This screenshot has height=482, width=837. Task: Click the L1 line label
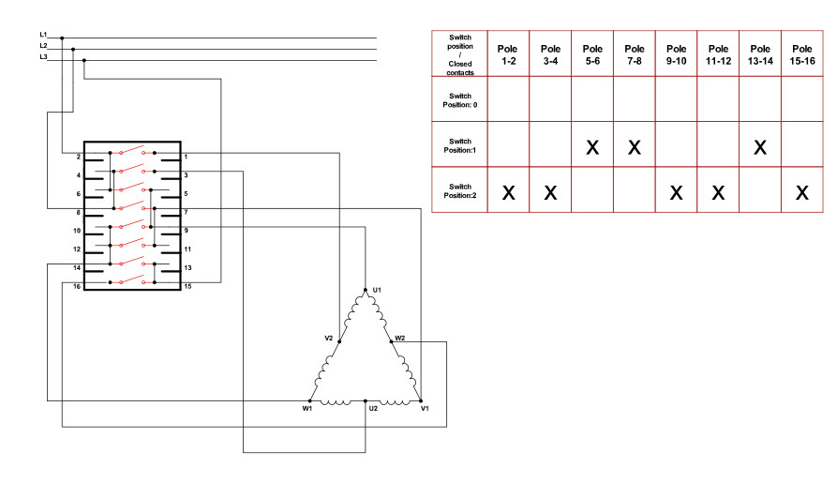pos(43,35)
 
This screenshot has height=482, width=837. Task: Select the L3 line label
pos(43,57)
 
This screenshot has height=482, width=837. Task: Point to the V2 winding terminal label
pos(329,338)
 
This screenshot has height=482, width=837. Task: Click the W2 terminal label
pos(400,338)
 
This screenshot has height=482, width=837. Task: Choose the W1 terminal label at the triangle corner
pos(306,409)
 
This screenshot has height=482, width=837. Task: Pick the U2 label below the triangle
pos(373,409)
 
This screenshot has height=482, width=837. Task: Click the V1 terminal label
pos(425,409)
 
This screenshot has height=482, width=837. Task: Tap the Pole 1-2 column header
pos(508,54)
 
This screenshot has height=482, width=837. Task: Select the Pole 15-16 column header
pos(802,54)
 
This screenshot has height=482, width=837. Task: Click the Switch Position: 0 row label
pos(459,100)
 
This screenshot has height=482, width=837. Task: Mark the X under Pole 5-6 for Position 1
pos(592,147)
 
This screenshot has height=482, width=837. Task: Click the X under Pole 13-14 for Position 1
pos(760,147)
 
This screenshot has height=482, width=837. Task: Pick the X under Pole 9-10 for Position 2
pos(676,193)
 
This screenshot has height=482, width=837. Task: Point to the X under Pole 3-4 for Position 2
pos(550,193)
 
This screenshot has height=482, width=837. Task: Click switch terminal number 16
pos(77,286)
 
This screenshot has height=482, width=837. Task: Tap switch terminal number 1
pos(187,157)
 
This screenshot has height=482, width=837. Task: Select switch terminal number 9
pos(187,231)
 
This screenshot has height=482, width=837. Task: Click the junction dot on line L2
pos(73,49)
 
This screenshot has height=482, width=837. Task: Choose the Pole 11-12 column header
pos(718,54)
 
